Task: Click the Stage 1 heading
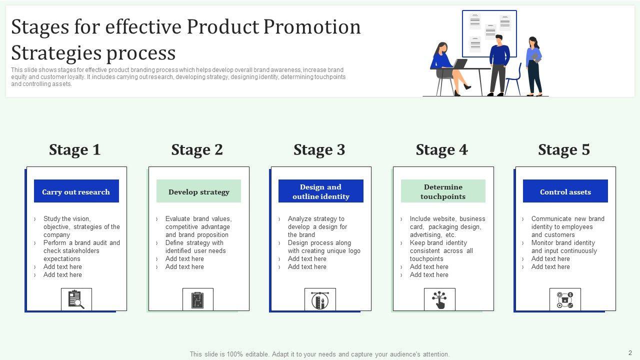(75, 149)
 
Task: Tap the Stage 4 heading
(441, 149)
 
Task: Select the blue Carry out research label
(76, 191)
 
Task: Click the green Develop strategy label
(198, 191)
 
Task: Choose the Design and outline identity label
(321, 191)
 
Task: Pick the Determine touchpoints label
(443, 191)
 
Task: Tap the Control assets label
(565, 191)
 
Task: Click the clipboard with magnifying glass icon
(76, 299)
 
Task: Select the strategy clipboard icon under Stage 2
(197, 300)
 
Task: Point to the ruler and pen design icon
(320, 300)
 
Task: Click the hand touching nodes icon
(439, 299)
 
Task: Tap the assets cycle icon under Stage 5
(565, 299)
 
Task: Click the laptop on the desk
(459, 63)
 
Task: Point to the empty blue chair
(513, 79)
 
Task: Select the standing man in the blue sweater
(499, 65)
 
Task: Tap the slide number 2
(630, 353)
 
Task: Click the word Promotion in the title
(312, 27)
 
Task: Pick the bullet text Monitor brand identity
(563, 243)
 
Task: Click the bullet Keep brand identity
(438, 243)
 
